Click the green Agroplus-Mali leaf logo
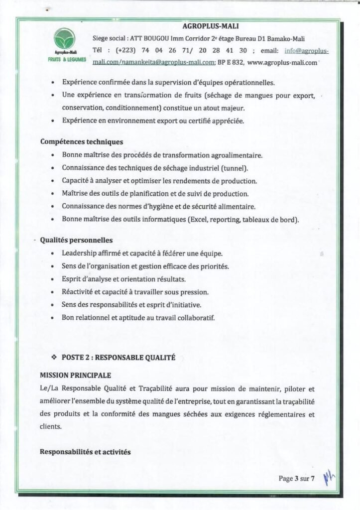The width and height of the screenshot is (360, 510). coord(65,39)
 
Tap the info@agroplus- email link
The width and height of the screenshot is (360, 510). coord(306,50)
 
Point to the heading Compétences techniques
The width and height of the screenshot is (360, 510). coord(82,142)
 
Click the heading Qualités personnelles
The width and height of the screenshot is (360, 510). coord(76,240)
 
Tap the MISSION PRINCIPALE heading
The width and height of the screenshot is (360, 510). coord(76,375)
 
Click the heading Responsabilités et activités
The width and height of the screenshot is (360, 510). coord(85,452)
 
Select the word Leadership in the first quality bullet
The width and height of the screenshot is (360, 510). coord(80,253)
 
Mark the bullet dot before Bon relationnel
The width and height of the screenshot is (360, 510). coord(53,318)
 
